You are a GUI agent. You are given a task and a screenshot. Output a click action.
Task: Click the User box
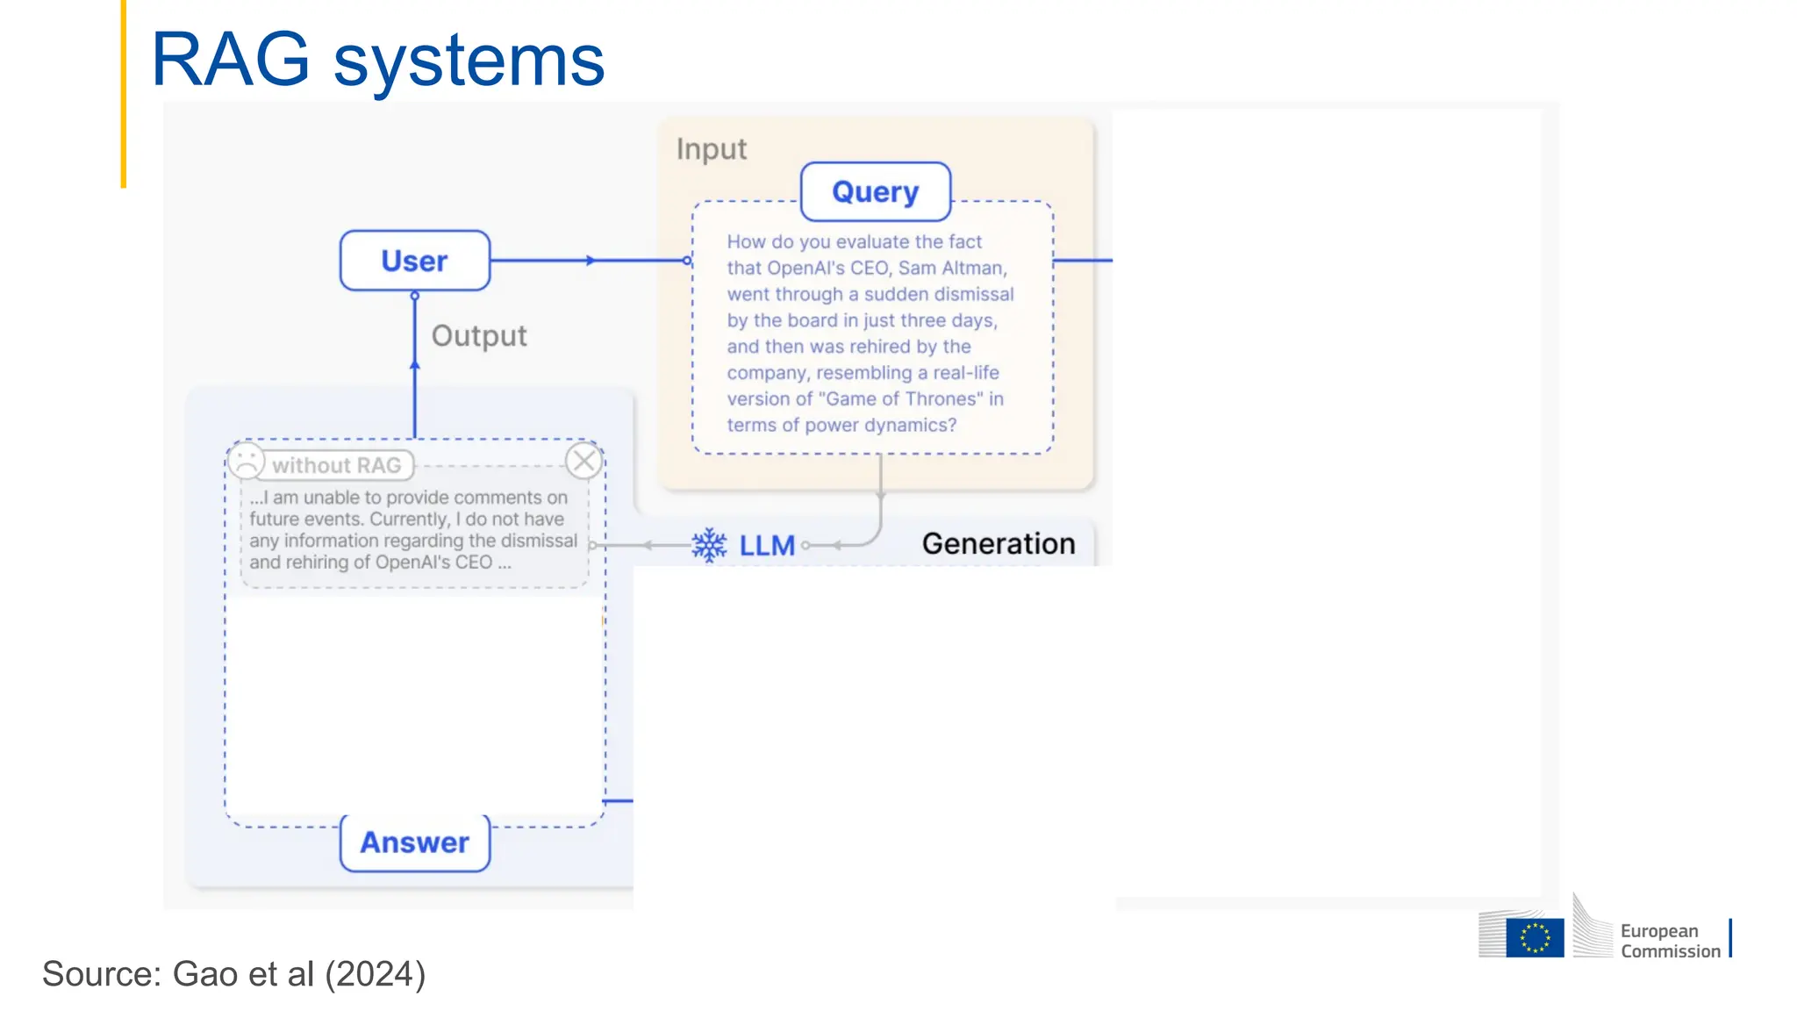click(x=414, y=261)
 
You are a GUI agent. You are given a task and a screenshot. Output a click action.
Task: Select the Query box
click(x=875, y=191)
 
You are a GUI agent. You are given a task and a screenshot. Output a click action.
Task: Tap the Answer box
click(x=414, y=842)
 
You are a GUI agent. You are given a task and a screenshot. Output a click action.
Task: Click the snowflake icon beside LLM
click(x=709, y=545)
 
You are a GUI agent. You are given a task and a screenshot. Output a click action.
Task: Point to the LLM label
click(x=767, y=546)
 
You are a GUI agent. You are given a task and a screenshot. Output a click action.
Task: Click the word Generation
click(x=998, y=543)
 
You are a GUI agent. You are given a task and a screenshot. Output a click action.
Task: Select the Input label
click(x=711, y=149)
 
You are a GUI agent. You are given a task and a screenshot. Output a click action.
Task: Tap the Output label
click(x=479, y=336)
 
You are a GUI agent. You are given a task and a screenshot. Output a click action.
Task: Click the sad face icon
click(x=247, y=462)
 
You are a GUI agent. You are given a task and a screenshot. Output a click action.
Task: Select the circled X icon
click(x=583, y=461)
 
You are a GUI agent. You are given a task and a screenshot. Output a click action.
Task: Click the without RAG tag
click(x=337, y=465)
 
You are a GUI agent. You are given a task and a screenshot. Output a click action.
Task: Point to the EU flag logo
click(x=1535, y=937)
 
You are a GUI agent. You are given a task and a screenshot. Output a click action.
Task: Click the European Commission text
click(x=1670, y=941)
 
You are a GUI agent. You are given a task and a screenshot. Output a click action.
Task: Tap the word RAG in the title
click(x=230, y=60)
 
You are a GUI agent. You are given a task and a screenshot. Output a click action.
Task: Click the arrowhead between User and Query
click(x=591, y=261)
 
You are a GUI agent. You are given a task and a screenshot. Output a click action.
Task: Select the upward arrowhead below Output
click(x=415, y=363)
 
